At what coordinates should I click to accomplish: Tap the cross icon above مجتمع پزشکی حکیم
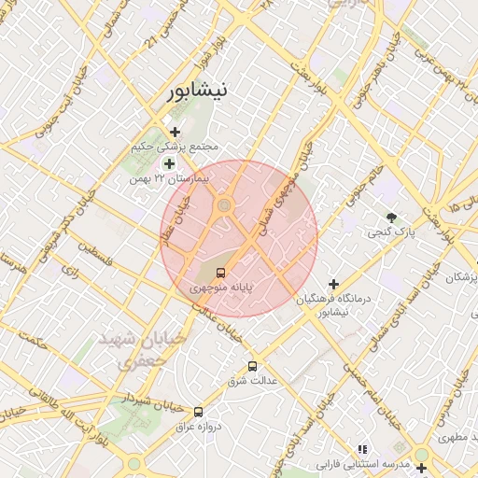coord(175,132)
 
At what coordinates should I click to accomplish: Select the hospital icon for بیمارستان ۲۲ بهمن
coord(169,163)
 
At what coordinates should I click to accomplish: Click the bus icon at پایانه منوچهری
coord(220,273)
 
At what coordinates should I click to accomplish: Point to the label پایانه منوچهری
coord(221,288)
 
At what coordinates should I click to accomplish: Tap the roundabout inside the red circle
coord(224,206)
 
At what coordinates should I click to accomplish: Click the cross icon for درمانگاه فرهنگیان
coord(333,283)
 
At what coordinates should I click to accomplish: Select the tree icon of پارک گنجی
coord(391,217)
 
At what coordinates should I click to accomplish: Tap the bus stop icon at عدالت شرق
coord(252,366)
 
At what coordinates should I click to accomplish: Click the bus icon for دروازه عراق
coord(198,411)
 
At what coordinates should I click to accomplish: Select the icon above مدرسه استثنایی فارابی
coord(362,449)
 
